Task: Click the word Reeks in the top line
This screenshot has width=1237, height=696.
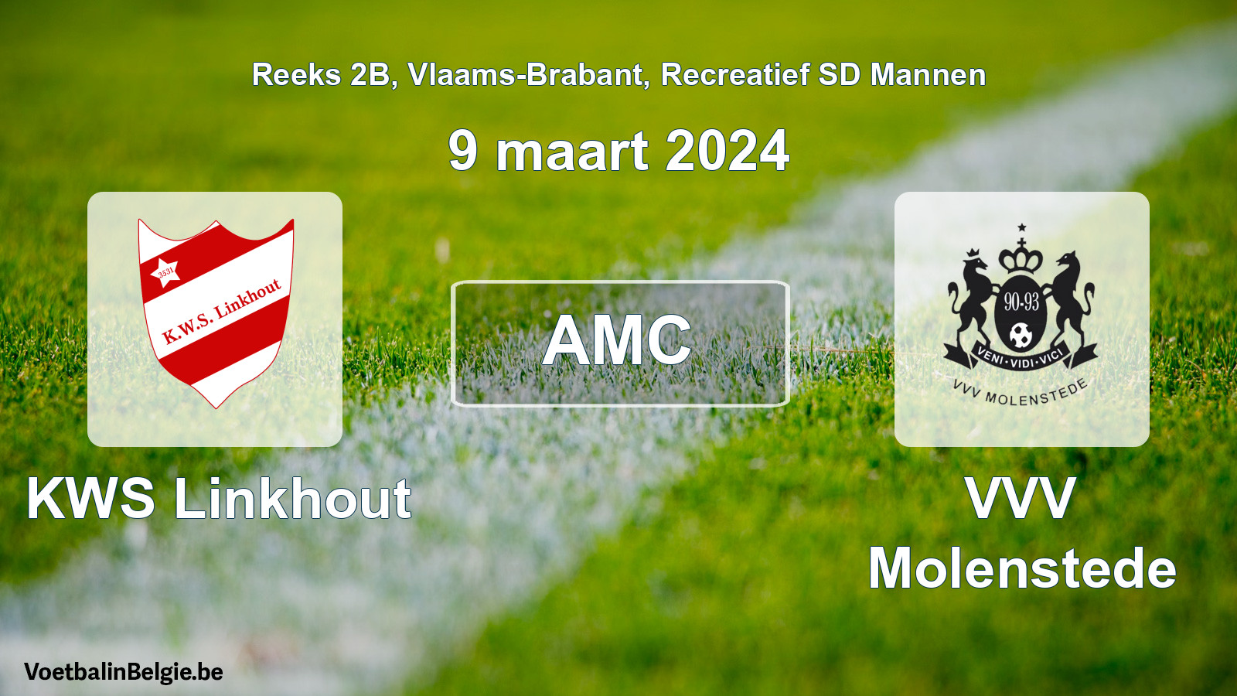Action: pyautogui.click(x=297, y=74)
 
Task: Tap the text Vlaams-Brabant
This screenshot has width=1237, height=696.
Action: pyautogui.click(x=525, y=74)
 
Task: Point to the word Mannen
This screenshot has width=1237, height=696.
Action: pyautogui.click(x=928, y=74)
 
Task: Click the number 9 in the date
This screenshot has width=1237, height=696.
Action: pyautogui.click(x=463, y=151)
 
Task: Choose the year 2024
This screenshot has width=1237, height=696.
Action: pyautogui.click(x=728, y=151)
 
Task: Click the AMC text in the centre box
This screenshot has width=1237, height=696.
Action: pyautogui.click(x=617, y=340)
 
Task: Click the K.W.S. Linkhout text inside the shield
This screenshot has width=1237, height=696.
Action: pyautogui.click(x=222, y=310)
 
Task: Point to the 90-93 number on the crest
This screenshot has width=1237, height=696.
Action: pyautogui.click(x=1021, y=302)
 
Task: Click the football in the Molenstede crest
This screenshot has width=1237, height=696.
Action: pyautogui.click(x=1021, y=336)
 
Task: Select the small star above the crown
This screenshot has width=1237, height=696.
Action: pyautogui.click(x=1021, y=227)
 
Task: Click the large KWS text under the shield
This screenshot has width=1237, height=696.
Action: pyautogui.click(x=91, y=498)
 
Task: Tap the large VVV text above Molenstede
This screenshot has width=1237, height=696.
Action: pyautogui.click(x=1021, y=498)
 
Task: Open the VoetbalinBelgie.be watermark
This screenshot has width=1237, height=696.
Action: pyautogui.click(x=124, y=672)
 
